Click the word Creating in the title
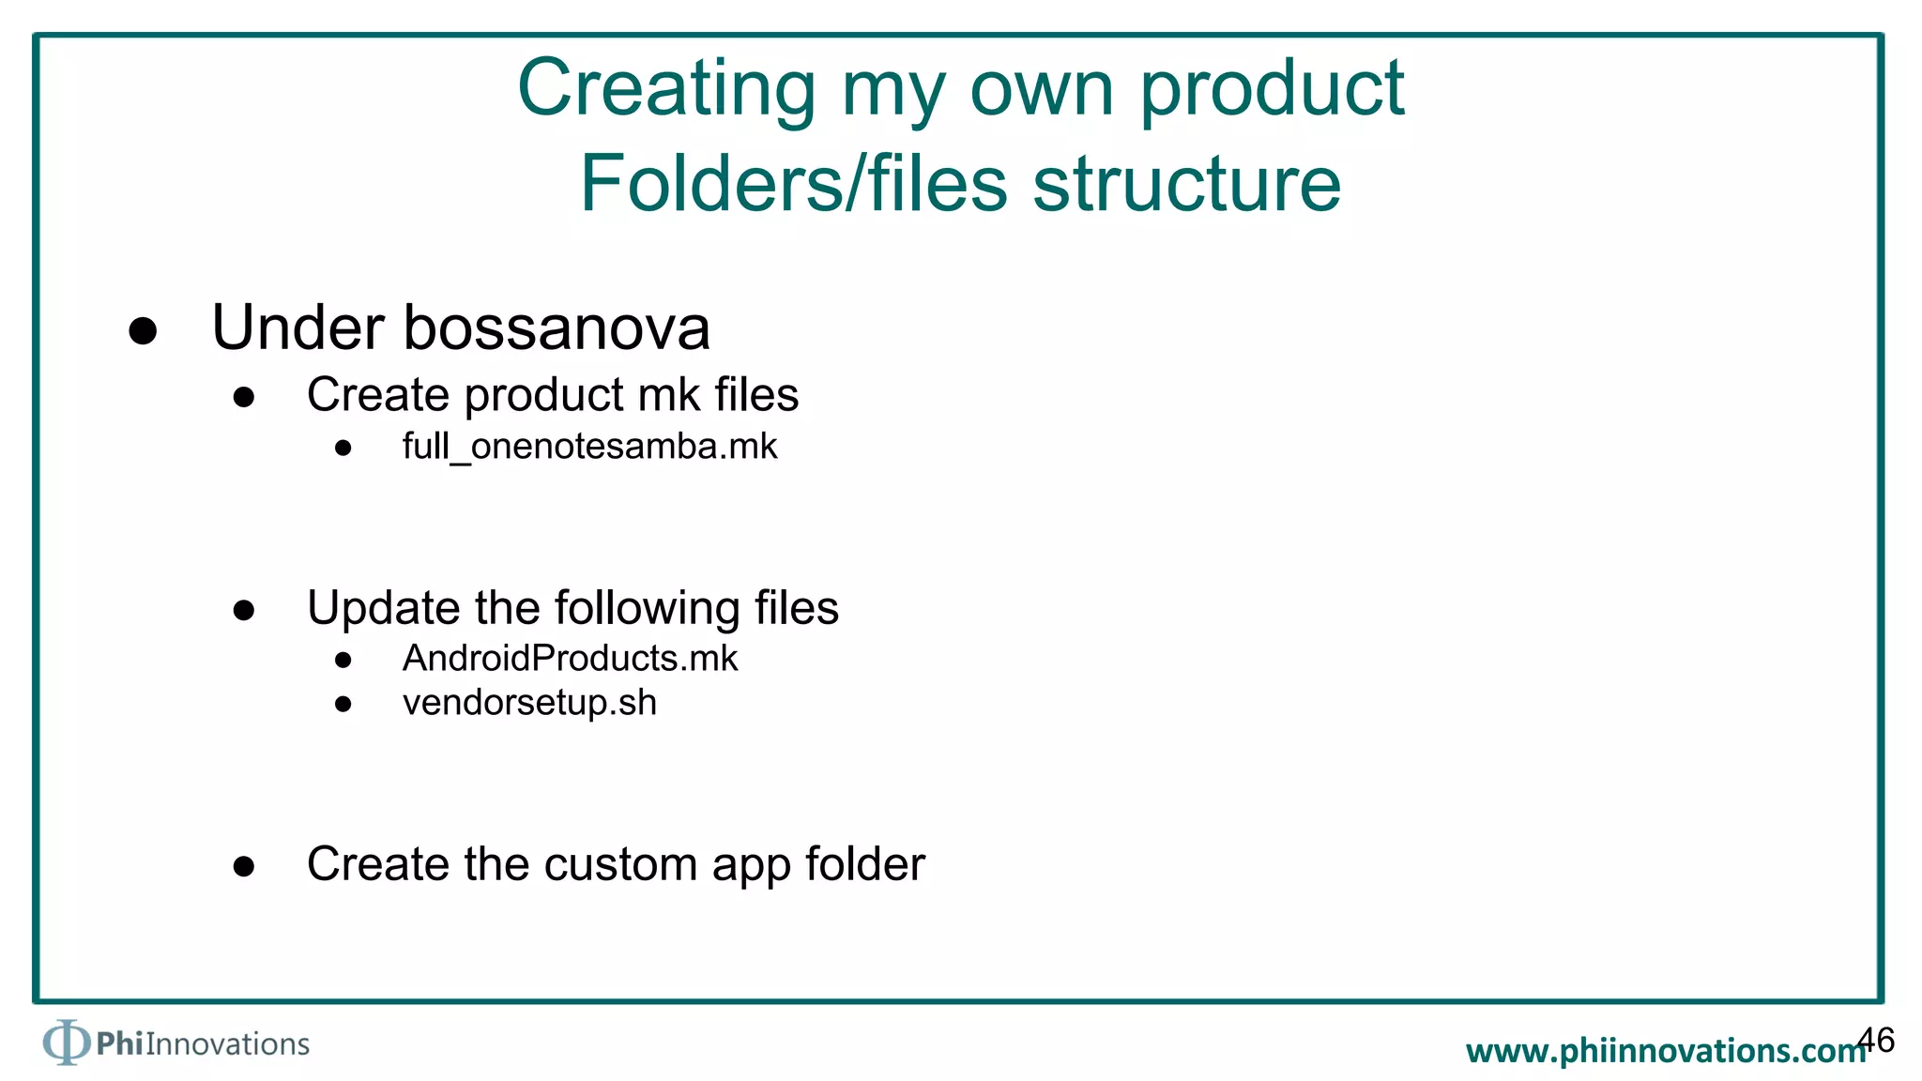click(666, 88)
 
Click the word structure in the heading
click(1187, 183)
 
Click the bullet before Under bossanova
click(143, 330)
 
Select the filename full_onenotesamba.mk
click(589, 447)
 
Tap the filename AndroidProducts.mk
click(570, 659)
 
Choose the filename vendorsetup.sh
click(529, 703)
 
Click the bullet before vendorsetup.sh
click(343, 704)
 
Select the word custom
click(619, 864)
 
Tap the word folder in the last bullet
click(864, 864)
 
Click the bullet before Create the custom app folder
click(244, 866)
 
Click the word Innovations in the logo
click(227, 1044)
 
